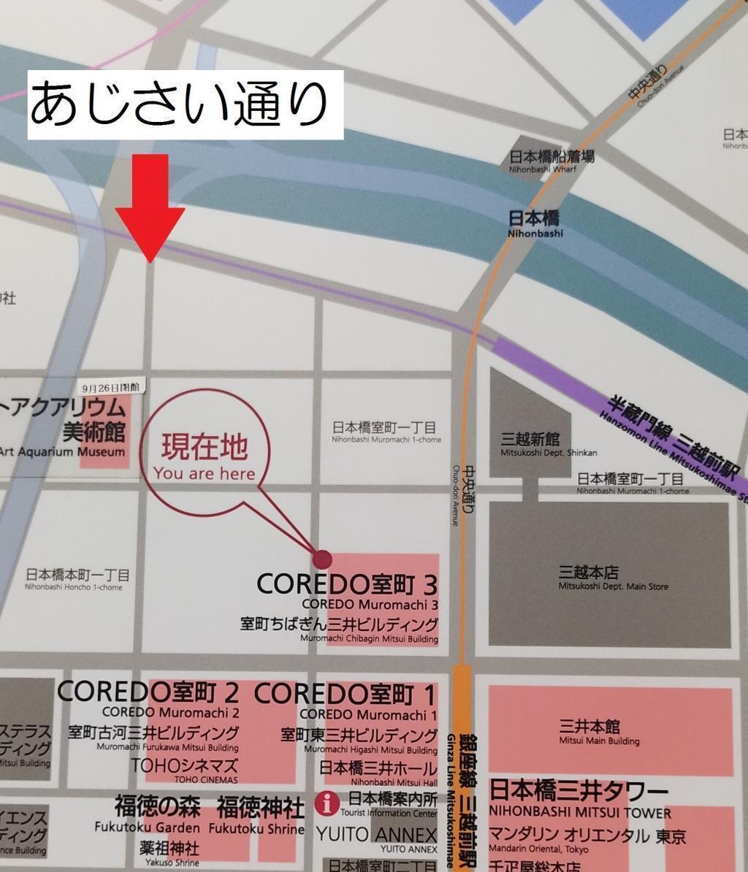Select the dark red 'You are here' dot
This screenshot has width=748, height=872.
click(321, 559)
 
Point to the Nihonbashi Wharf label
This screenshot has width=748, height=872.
click(552, 161)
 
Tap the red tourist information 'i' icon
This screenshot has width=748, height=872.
click(327, 804)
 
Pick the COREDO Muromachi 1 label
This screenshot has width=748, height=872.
click(346, 701)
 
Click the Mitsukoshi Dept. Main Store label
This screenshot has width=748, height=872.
click(613, 578)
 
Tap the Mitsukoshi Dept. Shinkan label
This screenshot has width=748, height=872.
click(548, 445)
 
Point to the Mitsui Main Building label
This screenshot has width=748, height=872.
click(599, 732)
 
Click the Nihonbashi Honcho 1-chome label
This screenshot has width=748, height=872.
click(77, 579)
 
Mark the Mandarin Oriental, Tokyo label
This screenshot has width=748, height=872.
click(588, 840)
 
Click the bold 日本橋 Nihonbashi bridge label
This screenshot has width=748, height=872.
click(535, 223)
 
